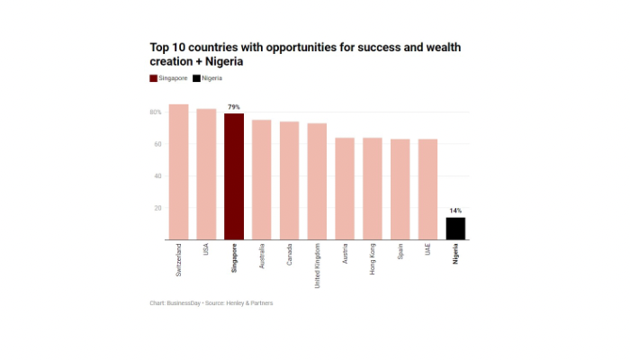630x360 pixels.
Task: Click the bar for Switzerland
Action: pos(178,172)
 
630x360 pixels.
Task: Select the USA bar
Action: pos(206,174)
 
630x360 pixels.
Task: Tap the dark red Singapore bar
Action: pos(234,176)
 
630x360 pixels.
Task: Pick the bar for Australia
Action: pos(262,179)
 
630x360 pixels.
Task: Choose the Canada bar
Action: pos(289,180)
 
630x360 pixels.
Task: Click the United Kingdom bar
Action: pos(317,181)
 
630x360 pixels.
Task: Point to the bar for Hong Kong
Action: pos(373,188)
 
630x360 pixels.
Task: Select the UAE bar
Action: pos(427,189)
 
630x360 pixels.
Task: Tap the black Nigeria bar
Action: pos(455,229)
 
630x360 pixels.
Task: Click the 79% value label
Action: pos(234,107)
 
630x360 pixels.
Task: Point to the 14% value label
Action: pos(455,211)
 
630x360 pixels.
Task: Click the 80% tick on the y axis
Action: pos(156,112)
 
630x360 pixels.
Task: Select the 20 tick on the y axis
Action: pos(157,208)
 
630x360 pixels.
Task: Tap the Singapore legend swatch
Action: pos(153,78)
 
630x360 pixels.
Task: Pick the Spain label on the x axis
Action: pos(400,251)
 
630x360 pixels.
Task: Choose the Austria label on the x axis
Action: pos(345,253)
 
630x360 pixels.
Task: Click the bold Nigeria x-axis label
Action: pos(455,254)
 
